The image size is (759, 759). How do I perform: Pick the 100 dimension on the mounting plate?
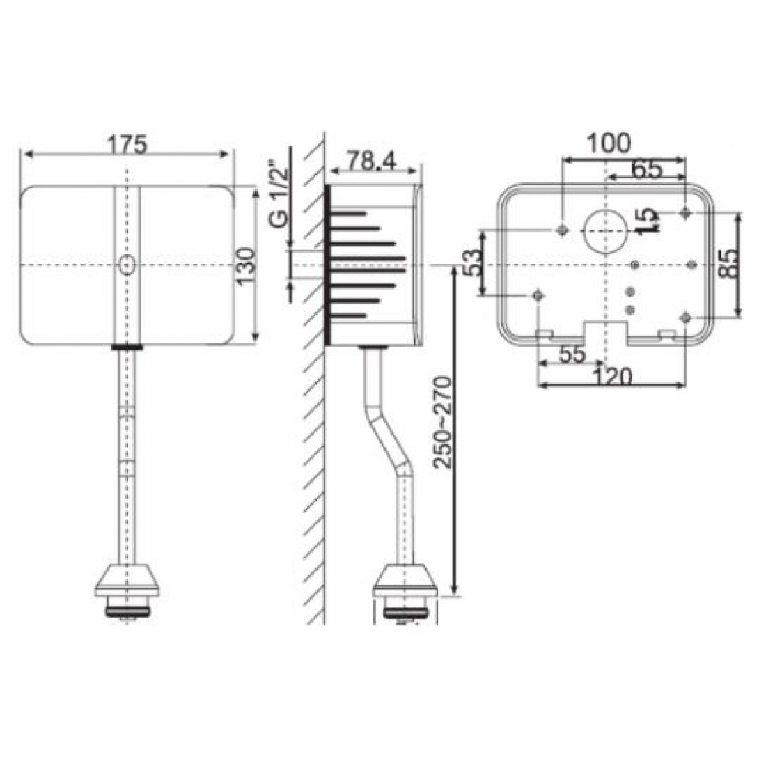point(608,143)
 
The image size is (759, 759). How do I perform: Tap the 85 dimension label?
point(728,264)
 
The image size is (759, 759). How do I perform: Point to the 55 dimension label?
point(572,354)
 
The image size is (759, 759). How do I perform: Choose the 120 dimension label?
point(612,377)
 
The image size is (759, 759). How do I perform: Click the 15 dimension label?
point(648,221)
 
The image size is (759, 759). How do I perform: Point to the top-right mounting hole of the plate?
point(687,212)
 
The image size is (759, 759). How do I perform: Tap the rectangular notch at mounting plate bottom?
point(607,331)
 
